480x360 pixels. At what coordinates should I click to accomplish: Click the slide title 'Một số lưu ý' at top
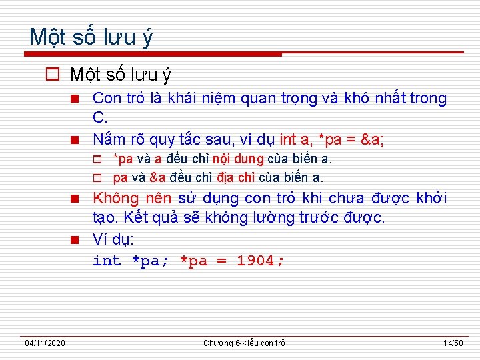coord(91,37)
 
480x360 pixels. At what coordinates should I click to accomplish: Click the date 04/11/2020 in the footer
coord(45,343)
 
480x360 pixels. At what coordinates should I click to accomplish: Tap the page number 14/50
coord(453,343)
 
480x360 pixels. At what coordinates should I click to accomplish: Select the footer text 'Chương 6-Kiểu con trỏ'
coord(244,343)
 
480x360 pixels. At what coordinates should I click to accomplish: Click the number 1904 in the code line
coord(256,261)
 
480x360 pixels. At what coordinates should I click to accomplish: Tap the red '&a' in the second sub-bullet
coord(158,178)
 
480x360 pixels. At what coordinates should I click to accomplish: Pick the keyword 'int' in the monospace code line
coord(107,261)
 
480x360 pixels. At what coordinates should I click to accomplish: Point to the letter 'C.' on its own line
coord(100,119)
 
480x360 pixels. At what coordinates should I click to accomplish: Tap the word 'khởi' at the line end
coord(431,199)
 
